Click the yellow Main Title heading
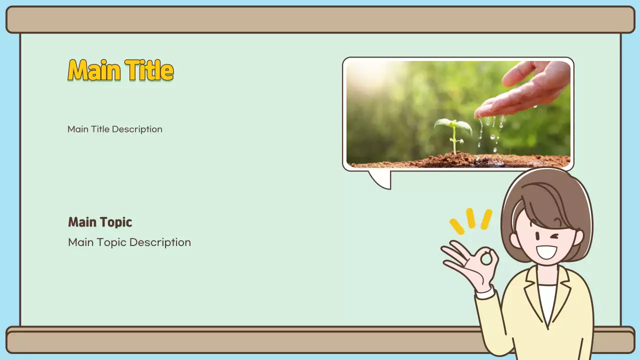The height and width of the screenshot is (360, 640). [x=120, y=70]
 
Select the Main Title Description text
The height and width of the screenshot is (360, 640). [x=115, y=129]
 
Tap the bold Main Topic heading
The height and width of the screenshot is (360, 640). [x=100, y=222]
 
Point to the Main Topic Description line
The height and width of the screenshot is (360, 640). [x=129, y=242]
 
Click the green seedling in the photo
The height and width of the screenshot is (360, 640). [x=453, y=130]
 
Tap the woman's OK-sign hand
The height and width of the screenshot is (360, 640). [x=472, y=262]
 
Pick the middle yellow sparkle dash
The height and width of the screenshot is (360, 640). [x=470, y=218]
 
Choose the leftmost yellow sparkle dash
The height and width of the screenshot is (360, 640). [x=457, y=226]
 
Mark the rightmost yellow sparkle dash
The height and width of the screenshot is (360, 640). [x=486, y=219]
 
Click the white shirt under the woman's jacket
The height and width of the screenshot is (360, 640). [x=547, y=300]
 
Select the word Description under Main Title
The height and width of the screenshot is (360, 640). [x=137, y=129]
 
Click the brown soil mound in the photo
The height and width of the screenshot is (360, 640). [x=450, y=160]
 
